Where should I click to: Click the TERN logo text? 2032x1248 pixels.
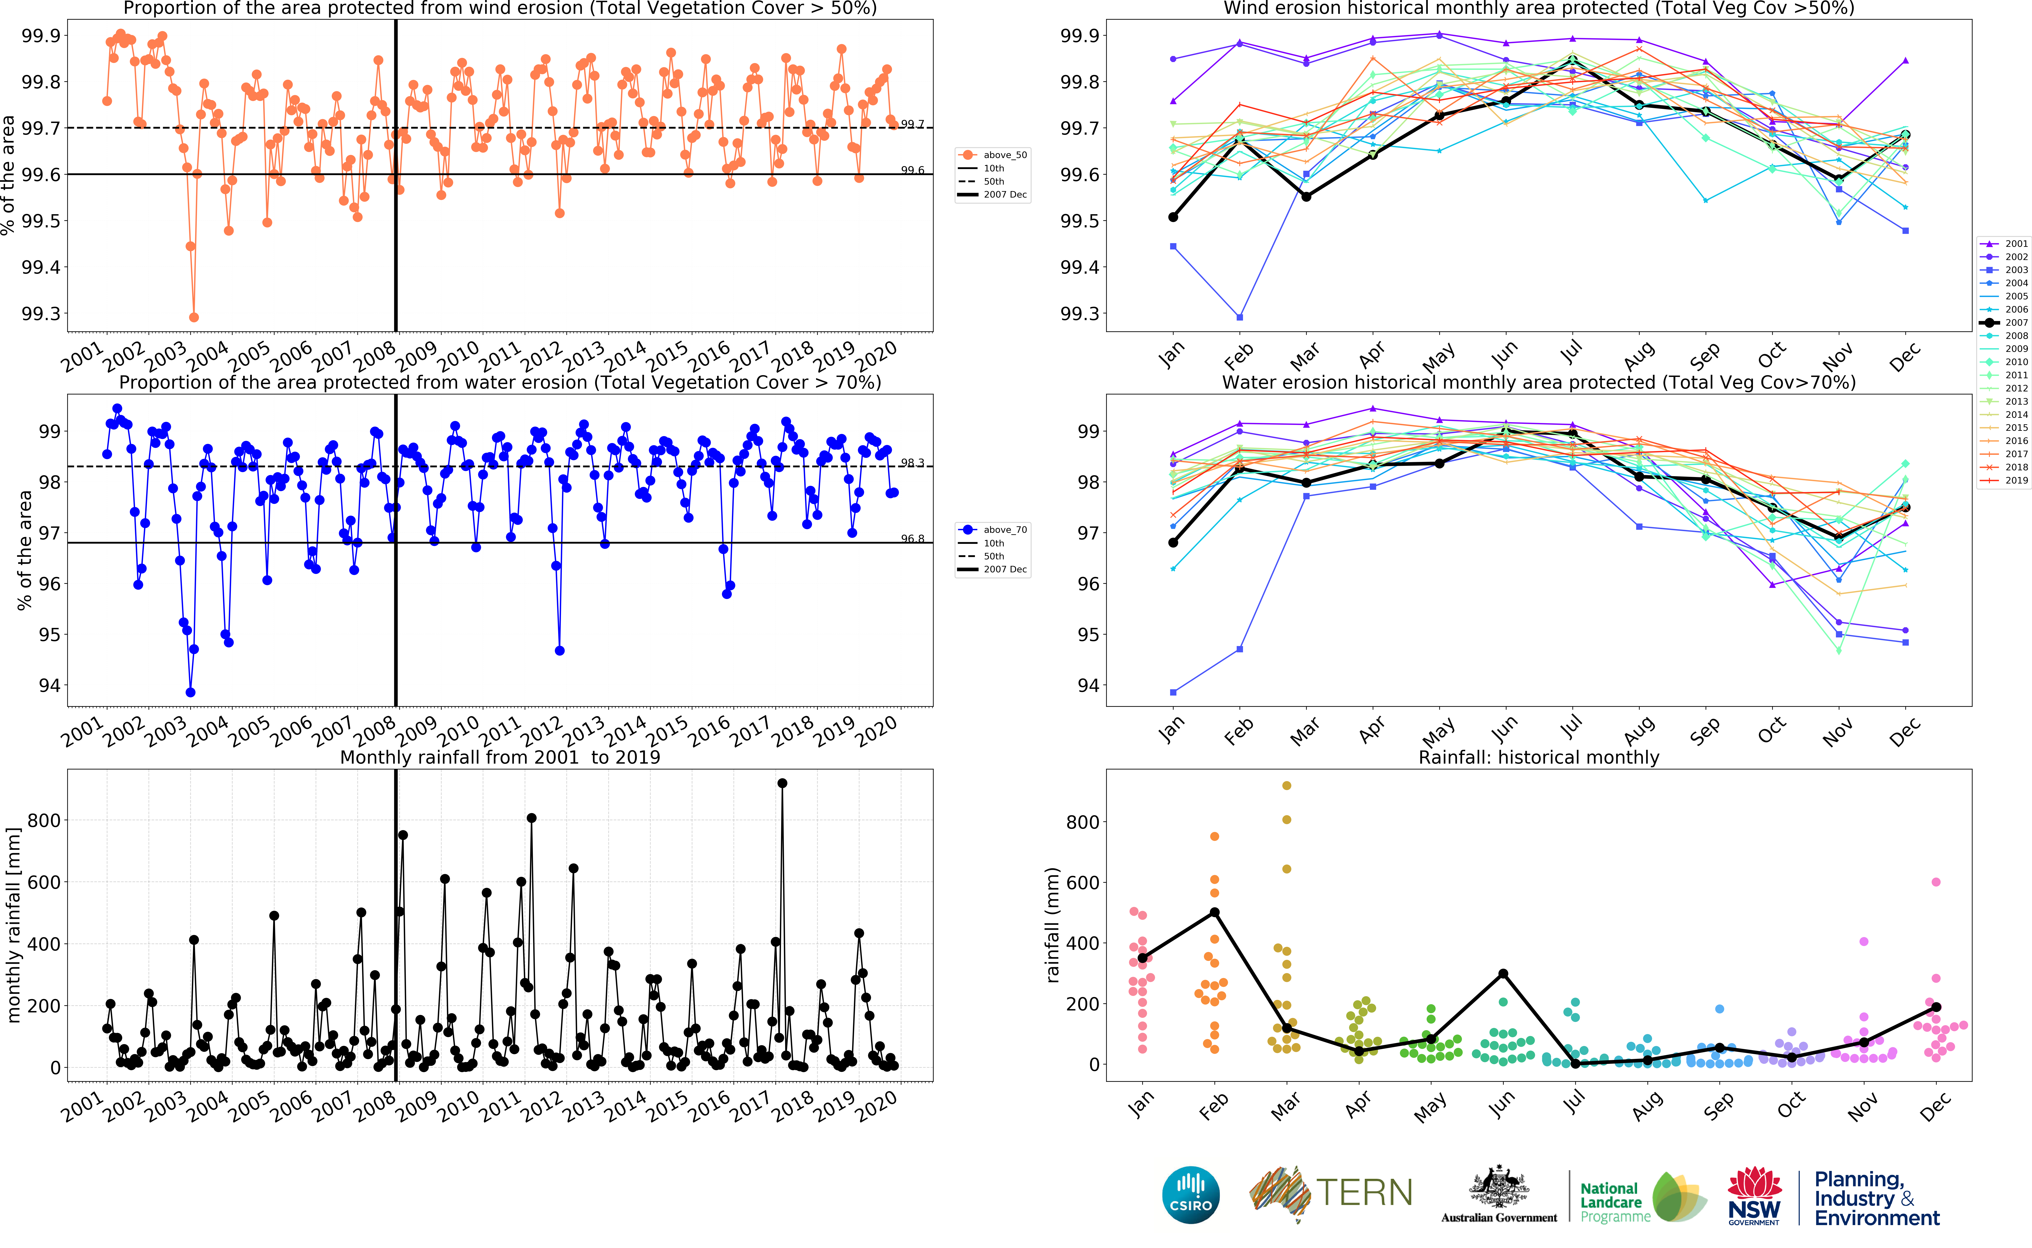(x=1363, y=1193)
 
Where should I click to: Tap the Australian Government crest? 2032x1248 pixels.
(x=1498, y=1189)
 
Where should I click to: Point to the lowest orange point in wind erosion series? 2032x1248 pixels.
(x=194, y=317)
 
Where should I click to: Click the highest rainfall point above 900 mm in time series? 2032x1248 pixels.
(x=782, y=783)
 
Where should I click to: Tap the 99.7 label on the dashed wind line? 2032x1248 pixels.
(x=912, y=125)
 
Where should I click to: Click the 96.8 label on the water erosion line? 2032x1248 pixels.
(x=912, y=539)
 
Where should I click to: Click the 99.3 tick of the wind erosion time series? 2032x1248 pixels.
(x=41, y=314)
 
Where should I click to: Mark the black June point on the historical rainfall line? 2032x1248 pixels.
(x=1504, y=974)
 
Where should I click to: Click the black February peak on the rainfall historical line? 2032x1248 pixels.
(x=1215, y=912)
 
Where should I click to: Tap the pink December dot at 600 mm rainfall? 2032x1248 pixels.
(x=1936, y=882)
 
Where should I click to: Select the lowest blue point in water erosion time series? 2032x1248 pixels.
(x=191, y=693)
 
